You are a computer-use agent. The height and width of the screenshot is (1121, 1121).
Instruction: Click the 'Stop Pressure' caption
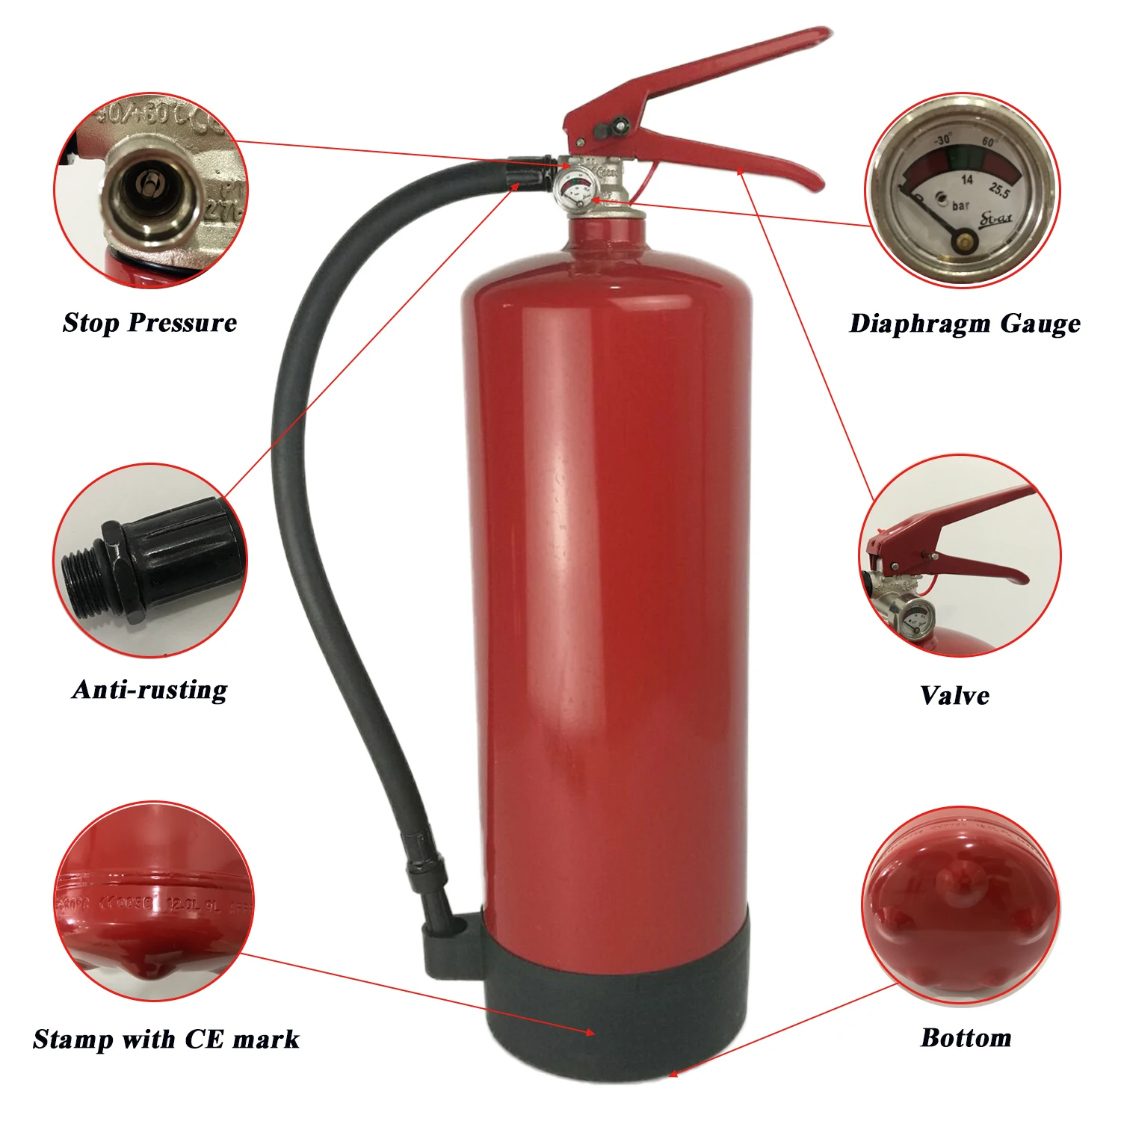(149, 323)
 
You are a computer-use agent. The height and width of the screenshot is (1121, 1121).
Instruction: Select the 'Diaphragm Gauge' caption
(965, 324)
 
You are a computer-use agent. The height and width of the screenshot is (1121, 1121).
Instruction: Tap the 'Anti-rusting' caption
(149, 689)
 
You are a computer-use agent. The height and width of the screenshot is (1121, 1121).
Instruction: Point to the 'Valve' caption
(954, 696)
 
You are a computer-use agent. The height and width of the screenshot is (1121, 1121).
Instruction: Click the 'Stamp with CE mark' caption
(166, 1039)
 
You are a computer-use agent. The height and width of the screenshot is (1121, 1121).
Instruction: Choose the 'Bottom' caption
(966, 1037)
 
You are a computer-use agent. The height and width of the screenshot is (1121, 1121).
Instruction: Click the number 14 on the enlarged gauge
(967, 180)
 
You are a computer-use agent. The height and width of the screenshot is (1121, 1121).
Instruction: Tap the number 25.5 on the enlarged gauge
(999, 191)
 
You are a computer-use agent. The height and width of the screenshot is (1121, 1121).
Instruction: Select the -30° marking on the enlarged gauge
(943, 140)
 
